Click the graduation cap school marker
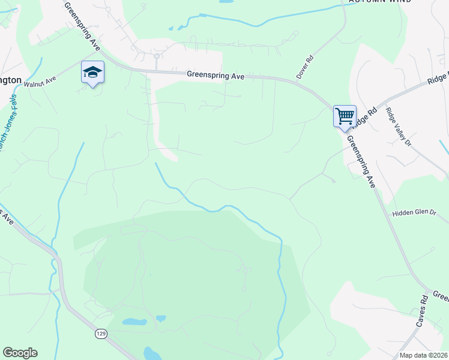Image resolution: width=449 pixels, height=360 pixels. pyautogui.click(x=92, y=73)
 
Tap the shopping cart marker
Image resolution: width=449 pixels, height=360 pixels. pyautogui.click(x=345, y=115)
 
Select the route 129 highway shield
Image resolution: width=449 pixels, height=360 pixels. pyautogui.click(x=100, y=334)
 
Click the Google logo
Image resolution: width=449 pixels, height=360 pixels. pyautogui.click(x=20, y=353)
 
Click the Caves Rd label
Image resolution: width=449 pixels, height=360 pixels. pyautogui.click(x=421, y=311)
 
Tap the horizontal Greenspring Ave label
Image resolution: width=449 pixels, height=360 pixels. pyautogui.click(x=215, y=76)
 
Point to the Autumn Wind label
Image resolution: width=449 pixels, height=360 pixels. pyautogui.click(x=380, y=2)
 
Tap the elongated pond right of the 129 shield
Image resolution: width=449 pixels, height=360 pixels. pyautogui.click(x=134, y=322)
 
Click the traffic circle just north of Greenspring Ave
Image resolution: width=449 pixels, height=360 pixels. pyautogui.click(x=156, y=56)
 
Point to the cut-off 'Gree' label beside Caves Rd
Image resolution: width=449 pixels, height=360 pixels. pyautogui.click(x=441, y=296)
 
